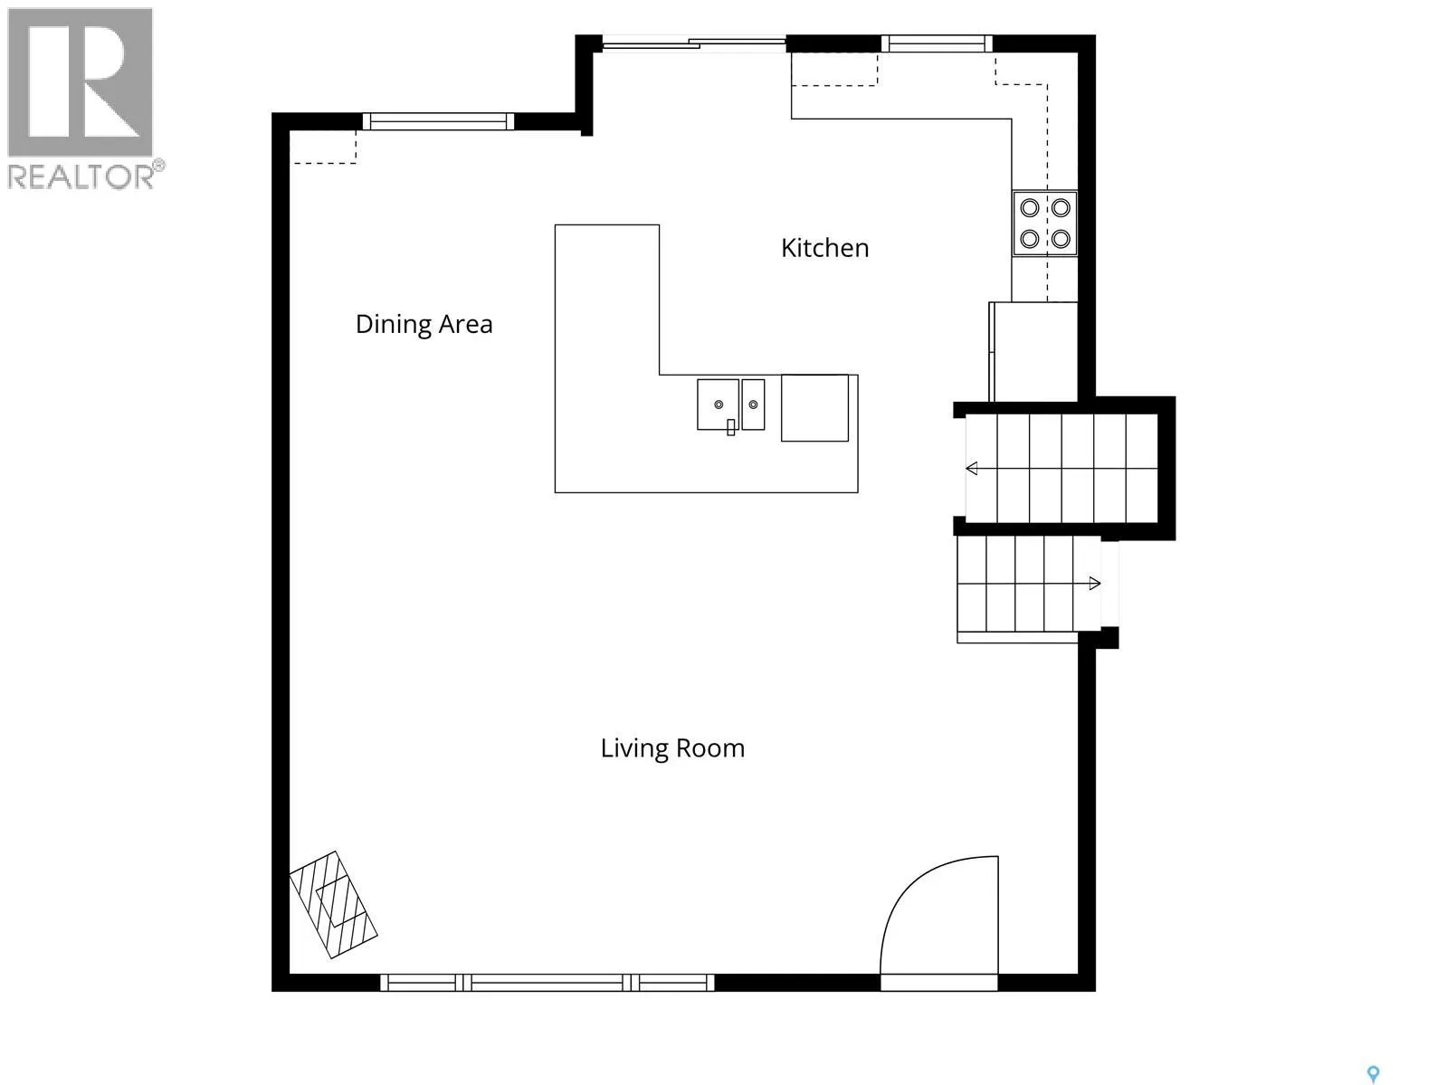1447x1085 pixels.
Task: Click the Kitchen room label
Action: (824, 249)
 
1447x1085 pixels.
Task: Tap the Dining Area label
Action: (424, 324)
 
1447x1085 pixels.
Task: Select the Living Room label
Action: (672, 748)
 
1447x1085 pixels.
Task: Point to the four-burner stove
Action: (1045, 224)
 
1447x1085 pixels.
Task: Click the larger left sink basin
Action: (718, 404)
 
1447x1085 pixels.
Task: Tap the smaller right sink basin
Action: (753, 404)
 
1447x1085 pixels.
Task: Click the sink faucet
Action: (730, 427)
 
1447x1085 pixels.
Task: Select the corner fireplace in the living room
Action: (334, 904)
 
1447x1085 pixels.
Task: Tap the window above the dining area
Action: (438, 122)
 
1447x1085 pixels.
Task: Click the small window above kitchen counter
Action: (936, 43)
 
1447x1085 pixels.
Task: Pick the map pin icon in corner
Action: (1373, 1074)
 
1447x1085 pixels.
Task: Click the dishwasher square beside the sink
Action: (814, 408)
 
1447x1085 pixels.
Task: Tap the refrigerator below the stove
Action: (1033, 351)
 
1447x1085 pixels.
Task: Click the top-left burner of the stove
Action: (1030, 208)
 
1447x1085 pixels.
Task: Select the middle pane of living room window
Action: (547, 983)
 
